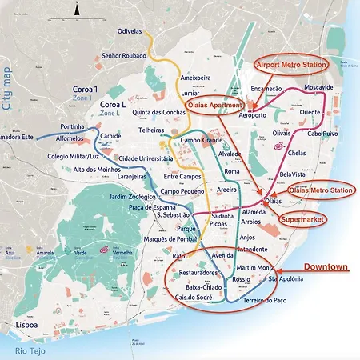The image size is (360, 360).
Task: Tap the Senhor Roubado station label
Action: (x=122, y=56)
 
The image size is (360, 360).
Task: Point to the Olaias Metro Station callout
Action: (x=320, y=190)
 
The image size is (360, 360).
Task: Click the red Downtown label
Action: (x=325, y=266)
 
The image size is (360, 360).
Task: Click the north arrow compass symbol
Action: (x=75, y=10)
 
